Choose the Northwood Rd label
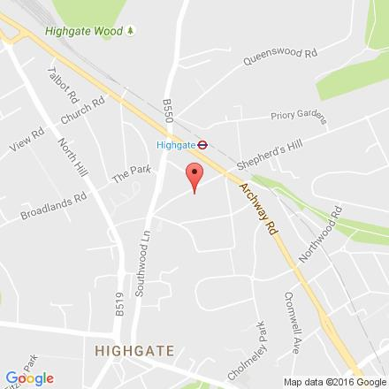pos(334,227)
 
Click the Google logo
pos(29,379)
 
